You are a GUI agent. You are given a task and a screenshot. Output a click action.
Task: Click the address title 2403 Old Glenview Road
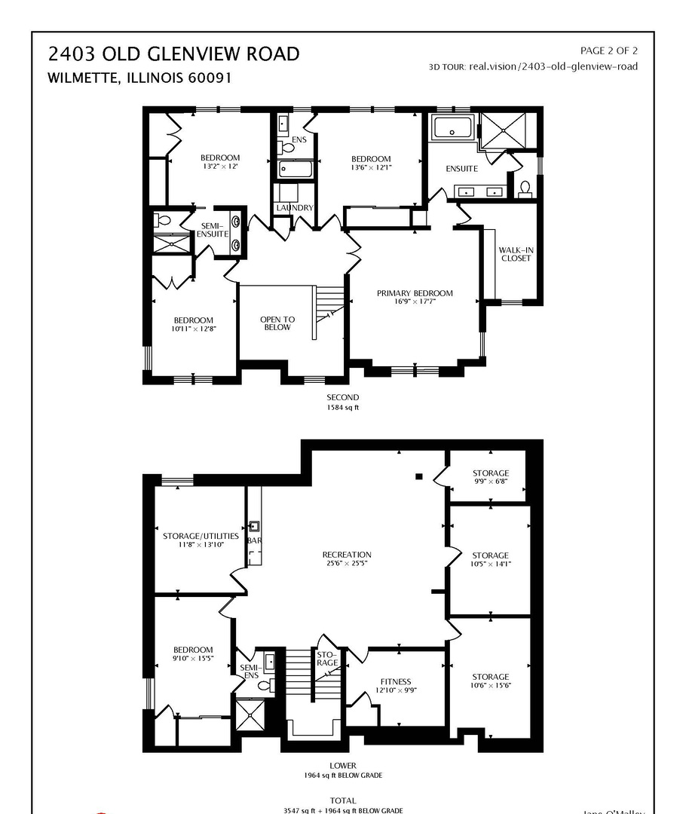coord(173,54)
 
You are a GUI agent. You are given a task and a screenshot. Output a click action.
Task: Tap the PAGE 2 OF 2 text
coord(608,50)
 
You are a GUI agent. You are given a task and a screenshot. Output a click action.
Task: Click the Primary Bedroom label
coord(415,294)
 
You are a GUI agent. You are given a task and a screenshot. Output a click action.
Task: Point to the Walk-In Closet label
coord(515,254)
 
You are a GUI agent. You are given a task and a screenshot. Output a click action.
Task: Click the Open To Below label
coord(277,323)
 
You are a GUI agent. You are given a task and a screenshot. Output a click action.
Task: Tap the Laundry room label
coord(294,208)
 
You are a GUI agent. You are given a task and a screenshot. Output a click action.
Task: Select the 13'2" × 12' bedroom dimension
coord(219,167)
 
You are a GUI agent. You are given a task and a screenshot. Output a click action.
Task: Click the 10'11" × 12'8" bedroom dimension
coord(193,329)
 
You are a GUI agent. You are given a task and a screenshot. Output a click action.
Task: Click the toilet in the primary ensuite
coord(525,188)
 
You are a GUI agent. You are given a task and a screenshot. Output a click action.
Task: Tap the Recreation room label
coord(347,555)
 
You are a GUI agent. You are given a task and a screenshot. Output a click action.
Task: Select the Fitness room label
coord(396,681)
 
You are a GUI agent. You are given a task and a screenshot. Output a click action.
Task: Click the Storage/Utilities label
coord(201,537)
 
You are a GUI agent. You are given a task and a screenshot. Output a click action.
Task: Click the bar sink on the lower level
coord(254,527)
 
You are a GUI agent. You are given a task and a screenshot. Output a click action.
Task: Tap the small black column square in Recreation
coord(419,476)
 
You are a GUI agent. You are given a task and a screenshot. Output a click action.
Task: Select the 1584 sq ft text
coord(342,407)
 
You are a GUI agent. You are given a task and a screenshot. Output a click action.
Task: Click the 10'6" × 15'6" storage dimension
coord(491,686)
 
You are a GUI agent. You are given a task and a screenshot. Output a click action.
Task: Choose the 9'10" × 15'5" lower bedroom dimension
coord(193,659)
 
